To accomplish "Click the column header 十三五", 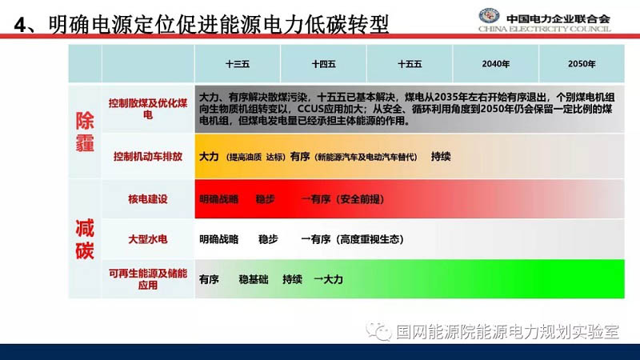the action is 237,64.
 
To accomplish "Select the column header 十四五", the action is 323,64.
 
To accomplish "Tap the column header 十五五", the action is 410,64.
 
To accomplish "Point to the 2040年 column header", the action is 495,64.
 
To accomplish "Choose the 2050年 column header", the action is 582,64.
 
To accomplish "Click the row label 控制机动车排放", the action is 148,156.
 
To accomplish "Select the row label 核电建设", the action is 148,199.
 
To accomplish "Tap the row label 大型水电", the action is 148,239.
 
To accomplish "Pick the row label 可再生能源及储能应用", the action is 148,279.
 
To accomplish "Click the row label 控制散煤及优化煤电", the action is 148,109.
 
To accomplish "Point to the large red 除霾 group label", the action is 85,132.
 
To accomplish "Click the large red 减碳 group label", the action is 85,239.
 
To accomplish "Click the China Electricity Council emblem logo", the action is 489,16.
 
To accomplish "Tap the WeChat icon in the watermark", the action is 378,331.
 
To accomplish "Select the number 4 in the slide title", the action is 19,26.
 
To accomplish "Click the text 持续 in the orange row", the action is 441,157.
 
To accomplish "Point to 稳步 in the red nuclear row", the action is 266,199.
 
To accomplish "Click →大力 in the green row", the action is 328,279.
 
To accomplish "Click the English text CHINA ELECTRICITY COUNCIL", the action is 545,29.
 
